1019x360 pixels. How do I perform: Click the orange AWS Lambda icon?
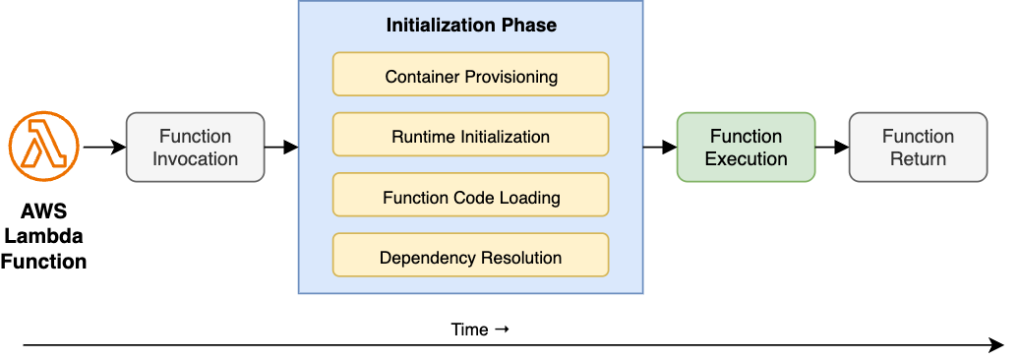(43, 147)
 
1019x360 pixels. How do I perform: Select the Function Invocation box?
(195, 148)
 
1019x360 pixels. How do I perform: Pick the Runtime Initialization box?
(470, 135)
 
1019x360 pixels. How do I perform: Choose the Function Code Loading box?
(470, 196)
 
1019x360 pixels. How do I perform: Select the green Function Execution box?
(746, 148)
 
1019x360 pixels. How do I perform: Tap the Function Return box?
(918, 148)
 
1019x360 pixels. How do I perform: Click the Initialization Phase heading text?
(470, 26)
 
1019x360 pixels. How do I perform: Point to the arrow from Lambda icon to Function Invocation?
(104, 148)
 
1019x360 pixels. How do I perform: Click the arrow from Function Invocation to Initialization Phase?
(281, 148)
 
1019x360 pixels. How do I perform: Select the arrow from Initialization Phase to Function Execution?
(659, 148)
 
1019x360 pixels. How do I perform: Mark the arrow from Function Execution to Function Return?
(832, 148)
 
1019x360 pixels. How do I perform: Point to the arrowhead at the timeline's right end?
(995, 345)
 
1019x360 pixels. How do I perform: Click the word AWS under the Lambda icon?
(43, 212)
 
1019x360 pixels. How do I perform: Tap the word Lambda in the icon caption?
(43, 237)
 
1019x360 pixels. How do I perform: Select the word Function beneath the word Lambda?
(43, 262)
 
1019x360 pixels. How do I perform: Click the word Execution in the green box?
(746, 159)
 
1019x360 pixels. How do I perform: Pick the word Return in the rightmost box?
(918, 159)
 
